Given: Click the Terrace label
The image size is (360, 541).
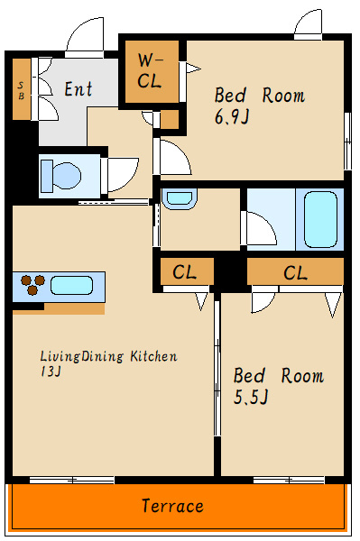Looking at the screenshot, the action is [x=172, y=506].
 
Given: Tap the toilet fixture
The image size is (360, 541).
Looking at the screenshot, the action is [x=60, y=176].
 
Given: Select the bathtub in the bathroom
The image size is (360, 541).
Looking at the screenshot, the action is [x=320, y=219].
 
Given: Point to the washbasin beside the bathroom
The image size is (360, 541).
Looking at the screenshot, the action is [x=180, y=198].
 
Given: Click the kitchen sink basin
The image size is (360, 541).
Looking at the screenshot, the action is [x=72, y=285].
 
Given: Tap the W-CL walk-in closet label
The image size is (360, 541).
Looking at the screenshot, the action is [x=150, y=71].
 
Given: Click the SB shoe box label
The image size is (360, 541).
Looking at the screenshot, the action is [x=22, y=89].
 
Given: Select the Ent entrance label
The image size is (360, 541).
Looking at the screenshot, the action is [x=78, y=89].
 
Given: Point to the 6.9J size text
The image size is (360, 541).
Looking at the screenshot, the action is [x=232, y=116].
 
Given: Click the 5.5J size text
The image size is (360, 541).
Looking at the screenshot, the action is [x=251, y=397].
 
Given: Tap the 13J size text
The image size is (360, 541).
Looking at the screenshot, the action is [x=51, y=371].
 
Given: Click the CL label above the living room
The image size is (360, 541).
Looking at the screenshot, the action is [x=185, y=272].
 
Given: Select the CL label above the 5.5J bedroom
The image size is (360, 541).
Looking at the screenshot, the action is [x=295, y=272].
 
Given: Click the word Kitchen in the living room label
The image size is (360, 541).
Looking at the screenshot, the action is [x=154, y=356].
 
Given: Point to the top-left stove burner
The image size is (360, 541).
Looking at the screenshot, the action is [x=26, y=280].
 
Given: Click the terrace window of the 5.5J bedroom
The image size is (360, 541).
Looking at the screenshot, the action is [x=290, y=480].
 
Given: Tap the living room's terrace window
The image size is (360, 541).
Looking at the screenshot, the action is [x=72, y=480].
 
